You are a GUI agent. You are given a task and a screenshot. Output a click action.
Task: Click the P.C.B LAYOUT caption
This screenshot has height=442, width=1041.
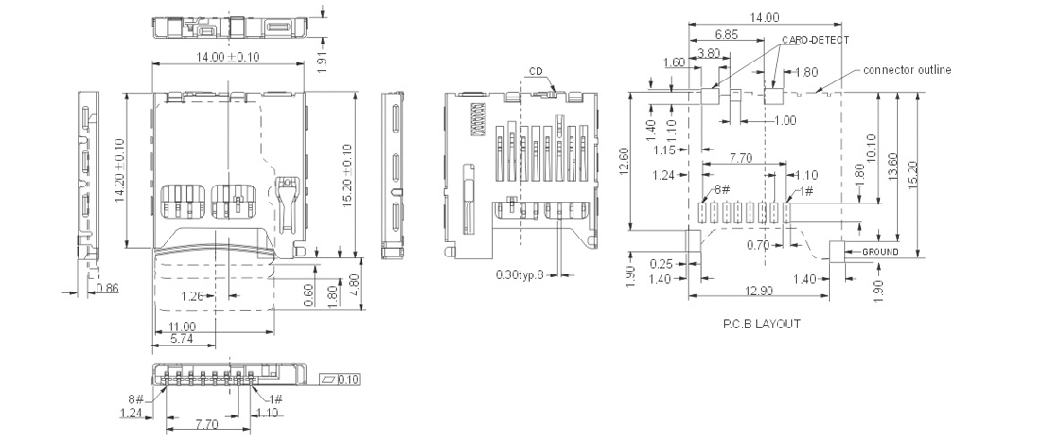pos(762,324)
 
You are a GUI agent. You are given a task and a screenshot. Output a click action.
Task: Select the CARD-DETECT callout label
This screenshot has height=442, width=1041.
pos(816,40)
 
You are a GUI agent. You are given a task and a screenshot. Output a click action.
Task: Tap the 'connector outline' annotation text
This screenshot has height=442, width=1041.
pos(907,70)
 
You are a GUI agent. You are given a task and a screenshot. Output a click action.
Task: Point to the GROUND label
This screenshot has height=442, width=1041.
pos(879,252)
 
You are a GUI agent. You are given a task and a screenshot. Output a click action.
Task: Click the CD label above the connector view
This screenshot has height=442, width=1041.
pos(537,71)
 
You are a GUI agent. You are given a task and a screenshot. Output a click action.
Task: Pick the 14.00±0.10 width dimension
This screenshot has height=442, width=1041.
pos(227,57)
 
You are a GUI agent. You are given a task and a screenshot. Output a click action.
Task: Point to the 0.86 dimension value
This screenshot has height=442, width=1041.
pos(107,289)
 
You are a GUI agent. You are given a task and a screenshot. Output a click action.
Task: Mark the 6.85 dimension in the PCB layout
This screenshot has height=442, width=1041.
pos(728,33)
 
